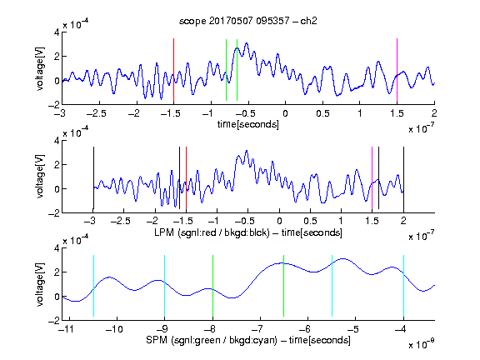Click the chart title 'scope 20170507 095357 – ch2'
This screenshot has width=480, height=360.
coord(248,21)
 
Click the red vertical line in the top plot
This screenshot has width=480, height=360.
coord(173,70)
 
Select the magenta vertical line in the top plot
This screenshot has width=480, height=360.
coord(397,70)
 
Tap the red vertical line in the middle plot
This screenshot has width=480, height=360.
coord(186,177)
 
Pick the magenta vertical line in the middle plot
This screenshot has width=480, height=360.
coord(372,177)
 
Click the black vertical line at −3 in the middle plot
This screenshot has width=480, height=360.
coord(93,177)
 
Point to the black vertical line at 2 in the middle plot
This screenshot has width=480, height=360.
coord(403,177)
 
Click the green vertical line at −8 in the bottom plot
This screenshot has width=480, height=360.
coord(212,286)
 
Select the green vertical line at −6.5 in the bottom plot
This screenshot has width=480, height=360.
coord(284,286)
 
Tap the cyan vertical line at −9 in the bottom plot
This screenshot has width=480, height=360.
coord(164,286)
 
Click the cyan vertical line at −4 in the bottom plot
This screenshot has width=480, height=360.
coord(403,286)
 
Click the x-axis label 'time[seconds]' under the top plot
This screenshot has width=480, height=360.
coord(248,124)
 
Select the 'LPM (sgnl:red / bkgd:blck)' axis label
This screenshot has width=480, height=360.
coord(212,232)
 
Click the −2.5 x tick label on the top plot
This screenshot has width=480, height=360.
coord(96,113)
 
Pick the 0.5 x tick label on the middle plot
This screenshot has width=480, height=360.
coord(310,221)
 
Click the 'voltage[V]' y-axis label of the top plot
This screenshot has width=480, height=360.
coord(40,69)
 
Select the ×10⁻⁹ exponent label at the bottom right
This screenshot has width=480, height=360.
coord(422,344)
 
